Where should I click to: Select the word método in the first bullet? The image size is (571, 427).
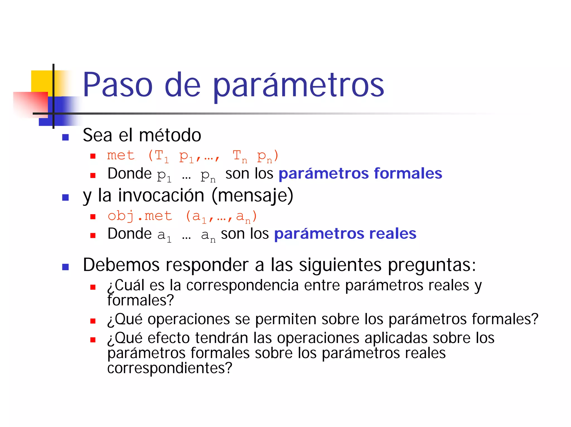(170, 135)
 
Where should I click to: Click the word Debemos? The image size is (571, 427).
(121, 265)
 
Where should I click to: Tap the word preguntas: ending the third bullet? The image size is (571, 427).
(432, 265)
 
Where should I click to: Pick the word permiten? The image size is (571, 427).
(285, 319)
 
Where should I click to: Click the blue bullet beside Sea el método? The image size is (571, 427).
(66, 137)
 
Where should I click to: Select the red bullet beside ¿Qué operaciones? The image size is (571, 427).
(93, 321)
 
